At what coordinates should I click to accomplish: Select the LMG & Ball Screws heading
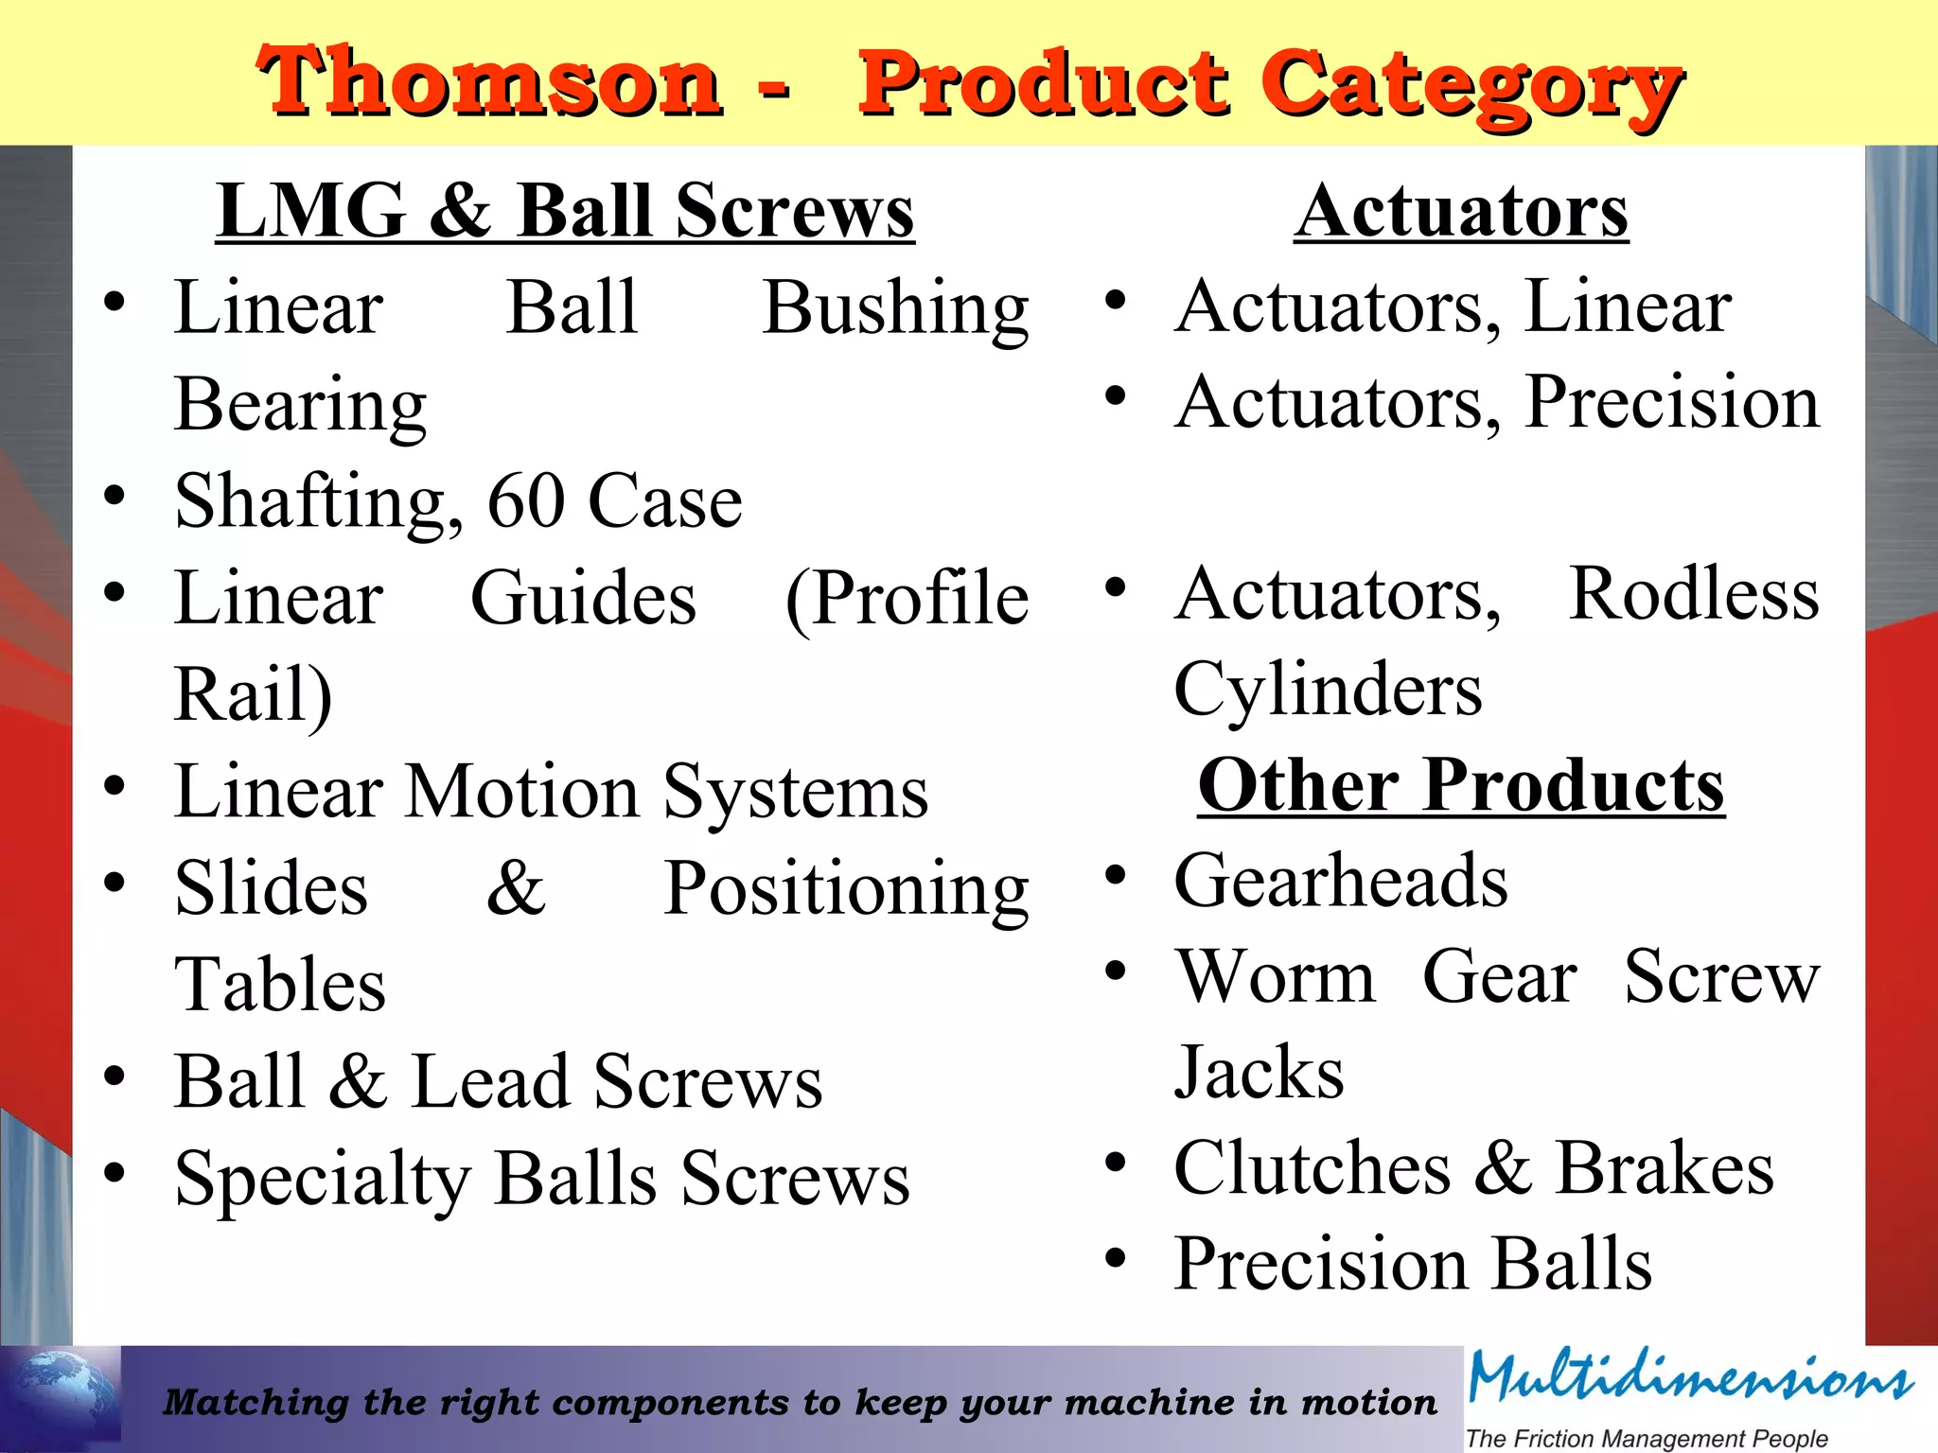(x=565, y=210)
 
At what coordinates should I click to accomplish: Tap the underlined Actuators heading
(x=1461, y=210)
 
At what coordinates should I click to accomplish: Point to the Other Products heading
(x=1461, y=785)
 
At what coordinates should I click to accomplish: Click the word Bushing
(x=895, y=308)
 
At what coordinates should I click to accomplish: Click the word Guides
(x=583, y=598)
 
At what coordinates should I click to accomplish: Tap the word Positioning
(x=845, y=889)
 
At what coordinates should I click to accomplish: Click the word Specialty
(x=323, y=1179)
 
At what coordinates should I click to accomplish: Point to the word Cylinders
(x=1328, y=689)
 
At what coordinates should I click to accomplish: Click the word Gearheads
(x=1341, y=881)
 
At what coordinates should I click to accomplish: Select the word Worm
(x=1275, y=977)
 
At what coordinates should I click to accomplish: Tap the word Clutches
(x=1312, y=1168)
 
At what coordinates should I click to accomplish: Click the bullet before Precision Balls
(x=1116, y=1258)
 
